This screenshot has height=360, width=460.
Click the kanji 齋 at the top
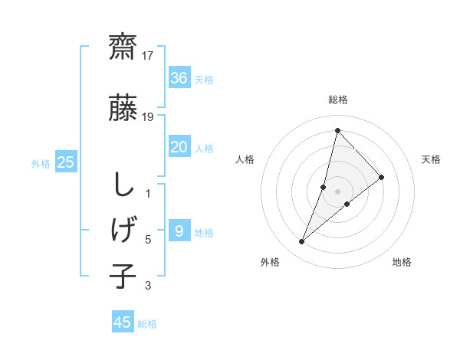point(123,47)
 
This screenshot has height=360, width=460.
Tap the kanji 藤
point(123,108)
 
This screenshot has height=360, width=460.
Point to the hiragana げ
point(123,229)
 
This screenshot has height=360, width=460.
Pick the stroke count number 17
point(149,56)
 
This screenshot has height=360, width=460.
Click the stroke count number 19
point(149,116)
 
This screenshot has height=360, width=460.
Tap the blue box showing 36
point(179,77)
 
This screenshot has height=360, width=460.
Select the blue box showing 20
point(179,147)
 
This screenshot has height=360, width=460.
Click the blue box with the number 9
point(179,231)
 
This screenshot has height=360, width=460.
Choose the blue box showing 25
point(66,162)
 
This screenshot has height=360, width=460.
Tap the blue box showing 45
point(123,322)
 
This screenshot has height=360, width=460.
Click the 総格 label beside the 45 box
point(148,324)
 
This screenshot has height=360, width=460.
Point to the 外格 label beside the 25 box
point(41,163)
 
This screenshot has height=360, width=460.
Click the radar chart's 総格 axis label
point(338,100)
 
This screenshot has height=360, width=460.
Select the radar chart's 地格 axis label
point(402,263)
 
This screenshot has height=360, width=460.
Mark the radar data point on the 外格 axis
point(301,242)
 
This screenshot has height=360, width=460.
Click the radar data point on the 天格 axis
point(381,177)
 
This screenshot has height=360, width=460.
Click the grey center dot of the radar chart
point(338,191)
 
